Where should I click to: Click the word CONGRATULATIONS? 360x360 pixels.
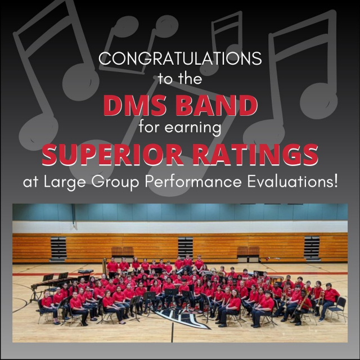tap(180, 58)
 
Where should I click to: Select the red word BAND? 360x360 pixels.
tap(217, 105)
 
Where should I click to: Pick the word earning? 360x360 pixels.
tap(193, 128)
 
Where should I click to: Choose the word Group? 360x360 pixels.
tap(115, 182)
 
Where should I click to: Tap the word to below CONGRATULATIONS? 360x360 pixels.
tap(164, 79)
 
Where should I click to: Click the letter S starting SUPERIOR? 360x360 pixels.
tap(49, 154)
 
